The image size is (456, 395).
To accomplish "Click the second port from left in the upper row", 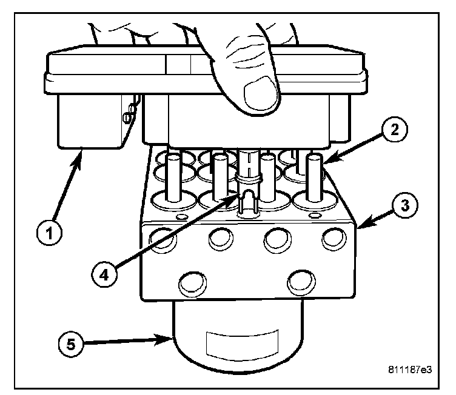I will click(x=221, y=239).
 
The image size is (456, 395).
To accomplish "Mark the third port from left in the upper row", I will click(x=276, y=239).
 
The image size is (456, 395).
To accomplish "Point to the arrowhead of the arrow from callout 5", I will click(x=172, y=339).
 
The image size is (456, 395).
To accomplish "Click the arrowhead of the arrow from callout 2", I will click(x=324, y=162).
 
